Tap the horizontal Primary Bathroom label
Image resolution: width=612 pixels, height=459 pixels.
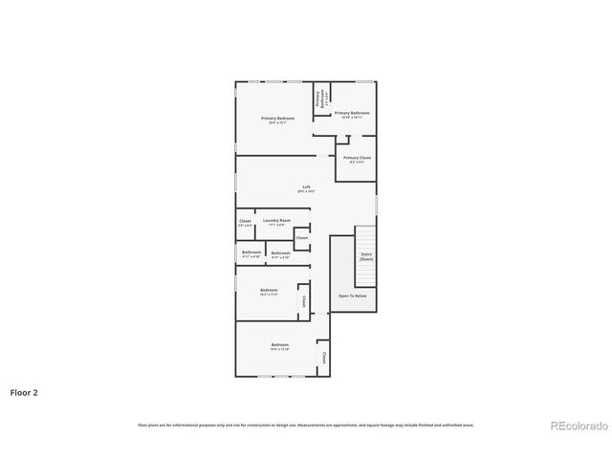(x=352, y=113)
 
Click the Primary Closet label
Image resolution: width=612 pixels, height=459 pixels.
(x=357, y=158)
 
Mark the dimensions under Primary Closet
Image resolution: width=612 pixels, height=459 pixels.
(x=357, y=164)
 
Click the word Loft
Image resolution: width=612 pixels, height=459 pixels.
(x=306, y=186)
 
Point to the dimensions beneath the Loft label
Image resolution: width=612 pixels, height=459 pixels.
(x=306, y=192)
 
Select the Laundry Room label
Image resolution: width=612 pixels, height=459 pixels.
(x=277, y=220)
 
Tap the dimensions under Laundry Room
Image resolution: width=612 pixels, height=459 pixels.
(x=277, y=226)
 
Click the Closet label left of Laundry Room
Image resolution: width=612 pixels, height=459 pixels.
(x=246, y=221)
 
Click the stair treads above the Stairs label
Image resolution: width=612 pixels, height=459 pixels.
(x=366, y=238)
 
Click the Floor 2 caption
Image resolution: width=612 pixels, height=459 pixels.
(x=24, y=392)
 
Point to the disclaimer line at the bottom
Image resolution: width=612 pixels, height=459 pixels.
(x=306, y=425)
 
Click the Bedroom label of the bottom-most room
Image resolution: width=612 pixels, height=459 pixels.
(x=280, y=344)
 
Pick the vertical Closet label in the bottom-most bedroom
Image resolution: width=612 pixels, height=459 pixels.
(x=324, y=358)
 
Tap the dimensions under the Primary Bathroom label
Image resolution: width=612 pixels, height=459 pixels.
(x=352, y=118)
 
